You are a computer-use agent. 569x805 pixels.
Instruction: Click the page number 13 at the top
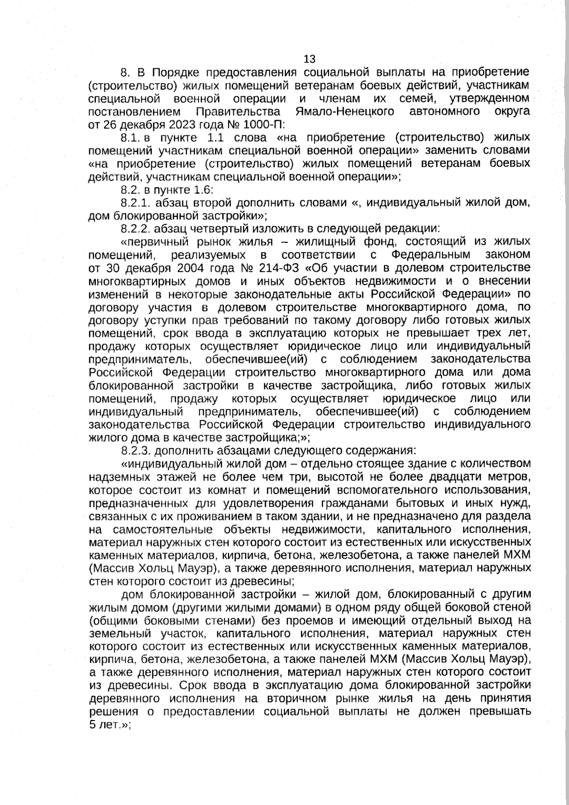(309, 59)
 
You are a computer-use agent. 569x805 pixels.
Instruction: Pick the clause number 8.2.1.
(136, 203)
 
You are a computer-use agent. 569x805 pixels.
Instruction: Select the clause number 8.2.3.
(136, 450)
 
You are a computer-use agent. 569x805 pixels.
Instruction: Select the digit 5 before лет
(92, 725)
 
